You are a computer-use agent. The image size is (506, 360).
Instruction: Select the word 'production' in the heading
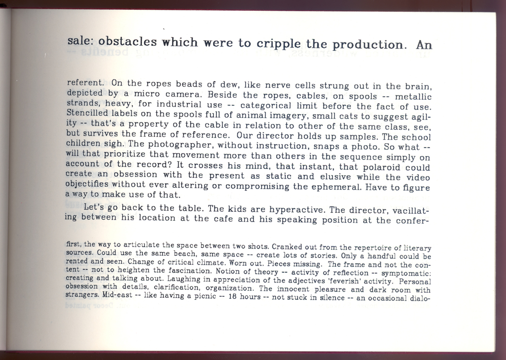tap(370, 45)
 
